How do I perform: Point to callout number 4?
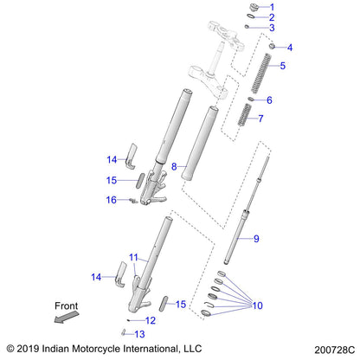290,47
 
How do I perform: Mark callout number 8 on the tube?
174,165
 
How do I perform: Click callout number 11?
133,257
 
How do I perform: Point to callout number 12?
151,320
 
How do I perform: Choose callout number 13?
139,333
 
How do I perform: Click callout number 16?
135,200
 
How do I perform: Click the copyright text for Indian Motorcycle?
102,349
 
